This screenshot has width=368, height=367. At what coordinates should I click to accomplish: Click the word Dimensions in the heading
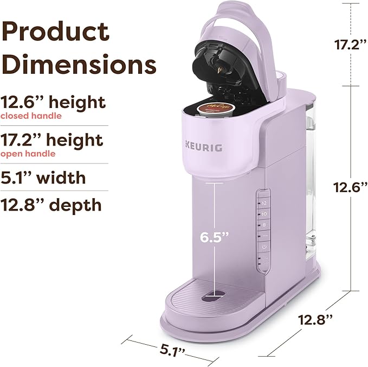pos(79,64)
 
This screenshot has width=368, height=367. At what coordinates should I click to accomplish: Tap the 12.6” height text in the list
pos(53,102)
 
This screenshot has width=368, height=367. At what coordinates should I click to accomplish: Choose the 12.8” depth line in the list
pos(51,205)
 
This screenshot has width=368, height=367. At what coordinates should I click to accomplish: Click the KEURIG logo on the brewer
pos(204,147)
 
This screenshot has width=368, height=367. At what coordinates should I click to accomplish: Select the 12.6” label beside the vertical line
pos(350,186)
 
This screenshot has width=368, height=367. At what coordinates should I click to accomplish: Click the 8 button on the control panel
pos(264,224)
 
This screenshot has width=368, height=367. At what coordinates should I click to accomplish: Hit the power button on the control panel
pos(264,246)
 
